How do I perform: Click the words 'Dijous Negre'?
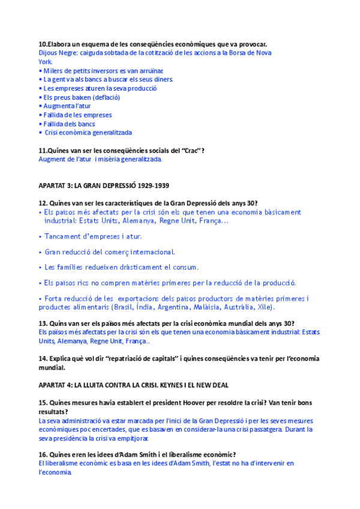[x=57, y=53]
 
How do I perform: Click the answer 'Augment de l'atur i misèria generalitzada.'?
[x=100, y=159]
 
